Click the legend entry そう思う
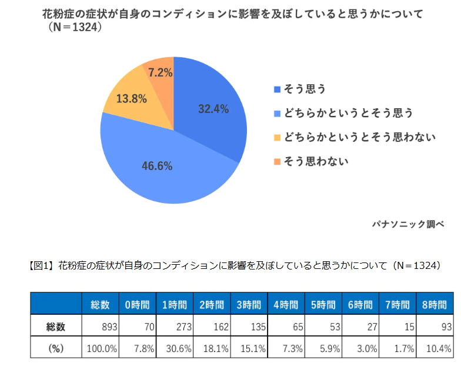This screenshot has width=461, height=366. pos(305,89)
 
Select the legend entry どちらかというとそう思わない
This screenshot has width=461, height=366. pos(359,137)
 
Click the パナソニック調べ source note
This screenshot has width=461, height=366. pos(408,224)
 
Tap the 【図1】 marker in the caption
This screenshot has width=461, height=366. pos(41,266)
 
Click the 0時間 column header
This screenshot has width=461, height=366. pos(137,305)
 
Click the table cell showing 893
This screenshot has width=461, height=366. pos(101,326)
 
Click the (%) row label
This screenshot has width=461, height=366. pos(56,348)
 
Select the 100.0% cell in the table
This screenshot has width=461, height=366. pos(101,348)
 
